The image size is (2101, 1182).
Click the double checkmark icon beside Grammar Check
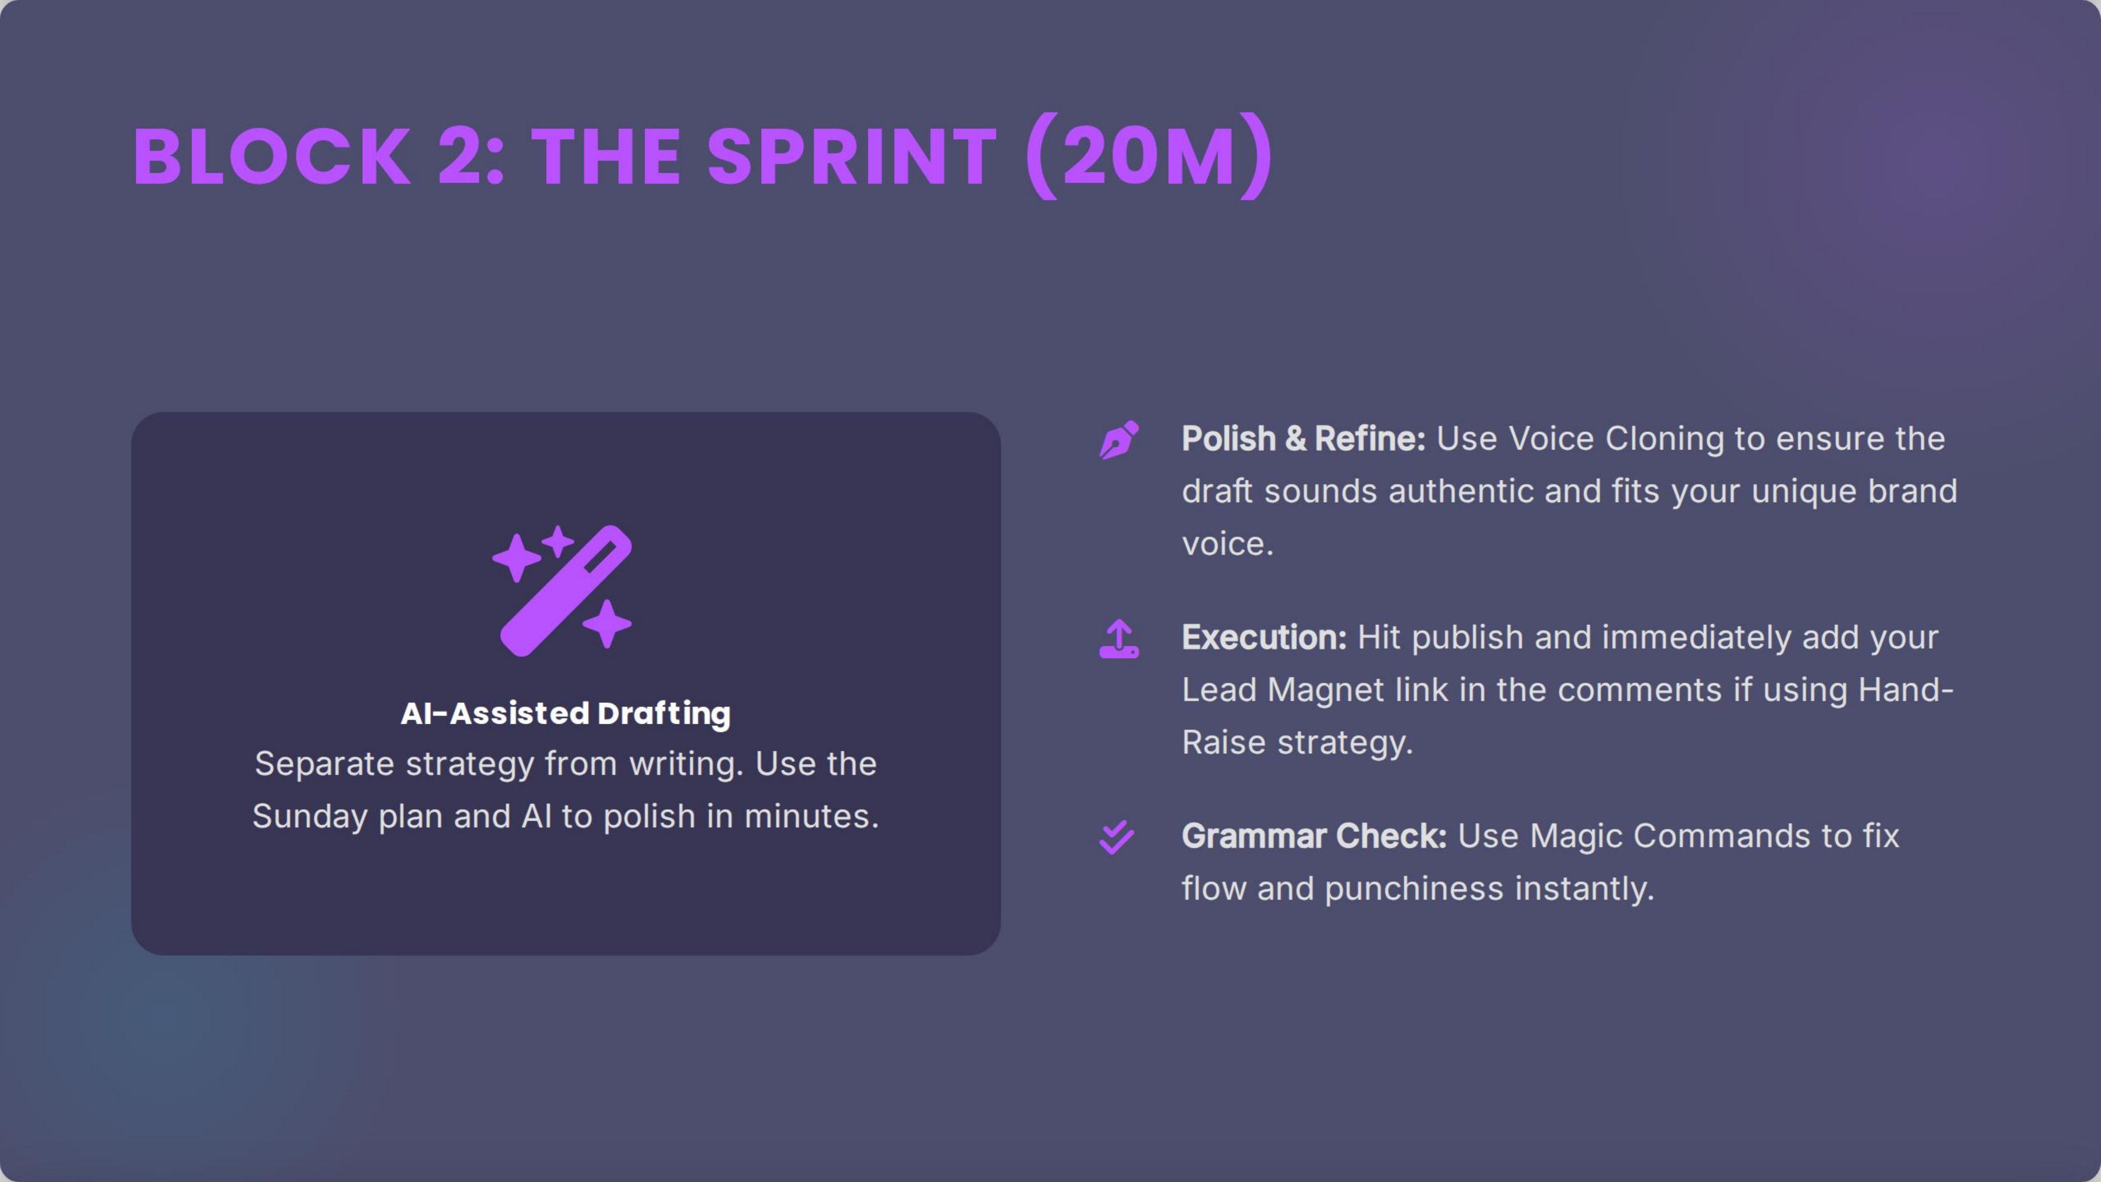[1117, 837]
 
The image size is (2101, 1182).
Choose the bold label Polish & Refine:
[1303, 439]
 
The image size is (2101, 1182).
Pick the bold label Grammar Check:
[1313, 836]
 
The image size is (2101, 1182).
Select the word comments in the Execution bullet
[1639, 690]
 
